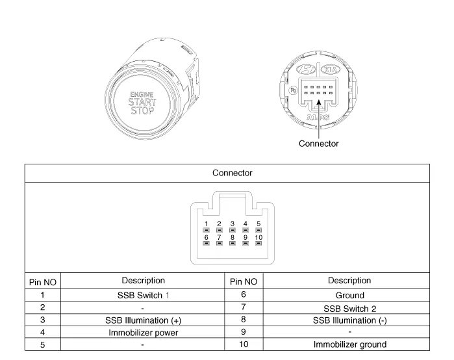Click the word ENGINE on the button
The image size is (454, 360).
[x=142, y=95]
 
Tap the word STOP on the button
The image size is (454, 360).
[x=142, y=110]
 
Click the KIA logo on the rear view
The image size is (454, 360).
[x=331, y=70]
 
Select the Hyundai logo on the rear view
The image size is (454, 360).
[x=306, y=70]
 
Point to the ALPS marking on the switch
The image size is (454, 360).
[x=318, y=118]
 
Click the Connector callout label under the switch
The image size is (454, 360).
[x=318, y=144]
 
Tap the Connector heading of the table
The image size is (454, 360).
[x=233, y=173]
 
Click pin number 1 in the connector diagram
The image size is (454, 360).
[x=206, y=224]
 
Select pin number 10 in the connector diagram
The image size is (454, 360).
[x=259, y=237]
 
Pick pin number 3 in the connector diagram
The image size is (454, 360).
[x=233, y=224]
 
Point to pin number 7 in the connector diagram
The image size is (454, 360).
[x=219, y=237]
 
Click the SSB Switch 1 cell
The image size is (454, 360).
[x=144, y=295]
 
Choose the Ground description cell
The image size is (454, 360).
[x=350, y=295]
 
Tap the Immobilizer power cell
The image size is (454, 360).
[x=144, y=333]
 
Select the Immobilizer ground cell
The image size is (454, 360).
[x=350, y=344]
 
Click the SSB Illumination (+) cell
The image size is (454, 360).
[x=144, y=320]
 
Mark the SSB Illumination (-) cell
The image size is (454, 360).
[x=350, y=320]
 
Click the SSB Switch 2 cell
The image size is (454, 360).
[x=350, y=309]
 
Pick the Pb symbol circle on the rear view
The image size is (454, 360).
[x=293, y=90]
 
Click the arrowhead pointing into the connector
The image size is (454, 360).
[x=319, y=103]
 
